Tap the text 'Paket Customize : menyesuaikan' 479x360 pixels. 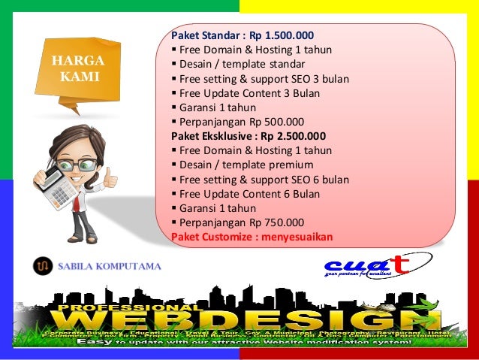coord(252,237)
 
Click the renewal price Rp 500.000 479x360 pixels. coord(277,122)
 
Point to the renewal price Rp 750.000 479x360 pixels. coord(277,222)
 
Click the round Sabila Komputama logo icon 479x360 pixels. coord(41,265)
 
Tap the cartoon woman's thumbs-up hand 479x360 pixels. coord(110,179)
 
